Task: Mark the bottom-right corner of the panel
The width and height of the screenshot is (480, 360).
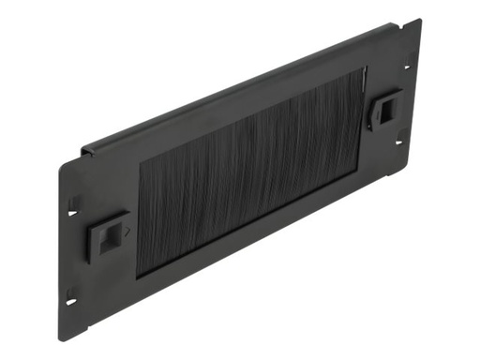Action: (413, 154)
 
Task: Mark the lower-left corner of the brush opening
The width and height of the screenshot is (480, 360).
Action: (140, 277)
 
